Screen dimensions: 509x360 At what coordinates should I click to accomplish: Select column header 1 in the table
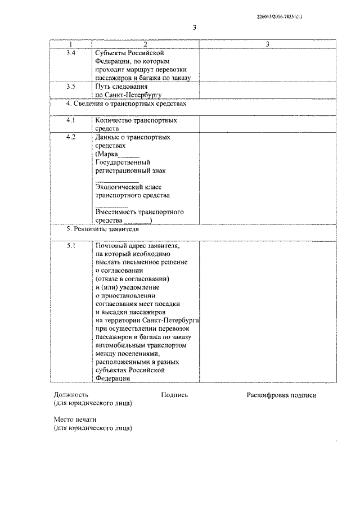pos(71,44)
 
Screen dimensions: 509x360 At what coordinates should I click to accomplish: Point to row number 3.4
pos(71,52)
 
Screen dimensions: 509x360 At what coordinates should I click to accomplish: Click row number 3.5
pos(71,87)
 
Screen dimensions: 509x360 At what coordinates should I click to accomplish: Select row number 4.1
pos(71,120)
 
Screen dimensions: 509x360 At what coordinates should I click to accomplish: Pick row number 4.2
pos(71,137)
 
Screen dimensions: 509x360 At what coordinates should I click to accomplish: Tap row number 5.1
pos(71,246)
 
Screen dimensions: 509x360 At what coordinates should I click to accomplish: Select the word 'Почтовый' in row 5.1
pos(112,246)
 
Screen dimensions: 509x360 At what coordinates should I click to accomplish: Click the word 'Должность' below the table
pos(71,395)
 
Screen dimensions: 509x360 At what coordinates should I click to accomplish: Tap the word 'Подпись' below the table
pos(174,395)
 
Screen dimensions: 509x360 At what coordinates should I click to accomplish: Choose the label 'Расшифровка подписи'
pos(281,395)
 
